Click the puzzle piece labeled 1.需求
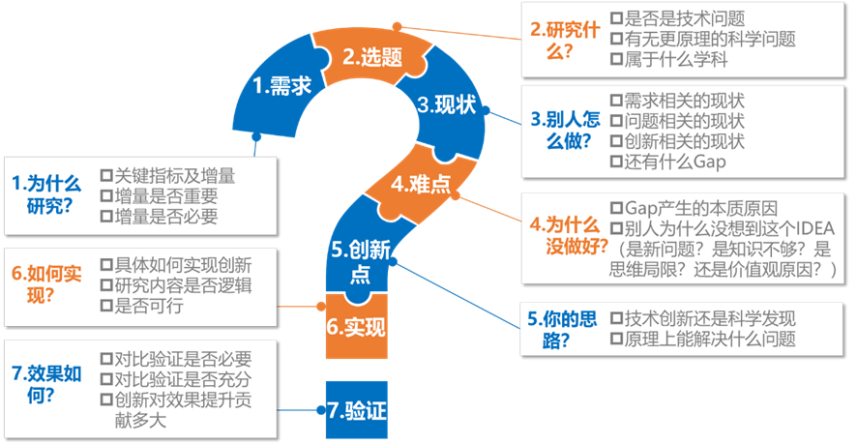click(281, 86)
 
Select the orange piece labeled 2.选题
click(371, 56)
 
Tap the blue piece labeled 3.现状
click(447, 104)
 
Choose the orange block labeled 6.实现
click(355, 327)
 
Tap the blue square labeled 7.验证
click(356, 410)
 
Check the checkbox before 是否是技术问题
click(617, 18)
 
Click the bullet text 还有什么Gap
click(673, 162)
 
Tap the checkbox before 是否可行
click(107, 307)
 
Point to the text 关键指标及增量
click(174, 176)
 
